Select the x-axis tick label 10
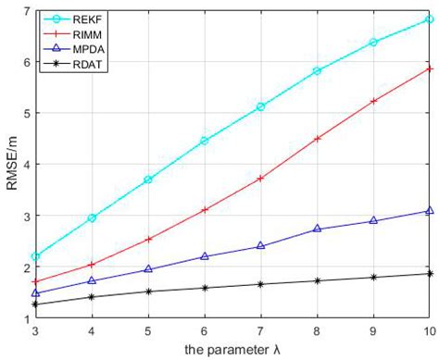point(429,330)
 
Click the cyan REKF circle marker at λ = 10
point(430,19)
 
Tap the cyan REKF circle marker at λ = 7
point(261,107)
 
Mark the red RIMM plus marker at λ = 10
point(430,68)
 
